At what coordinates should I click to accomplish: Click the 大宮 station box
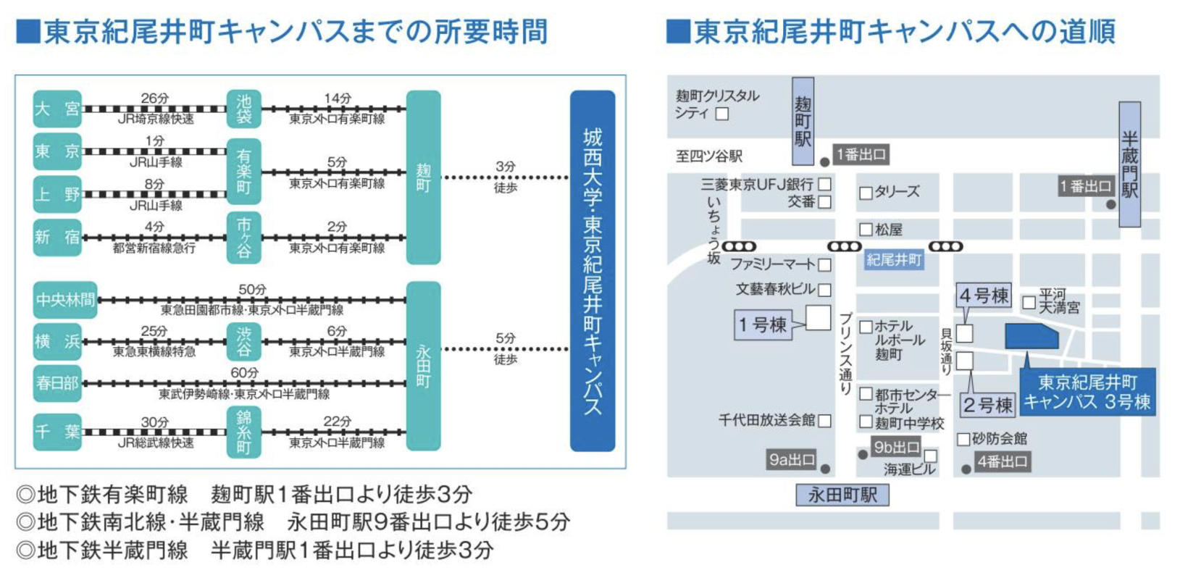(x=57, y=109)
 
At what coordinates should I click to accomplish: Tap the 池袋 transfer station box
(x=244, y=109)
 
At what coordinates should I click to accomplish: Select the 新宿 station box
(x=57, y=237)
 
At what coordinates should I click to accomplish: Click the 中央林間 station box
(x=64, y=300)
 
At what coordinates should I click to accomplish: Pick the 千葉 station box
(x=57, y=432)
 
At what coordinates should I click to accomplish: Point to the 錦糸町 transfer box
(x=244, y=432)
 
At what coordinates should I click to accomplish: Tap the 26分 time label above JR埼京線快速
(x=154, y=98)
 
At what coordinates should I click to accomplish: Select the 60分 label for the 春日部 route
(x=244, y=372)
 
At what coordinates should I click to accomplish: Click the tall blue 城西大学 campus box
(x=593, y=270)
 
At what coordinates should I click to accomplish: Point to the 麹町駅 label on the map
(x=803, y=121)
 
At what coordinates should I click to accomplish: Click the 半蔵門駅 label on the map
(x=1129, y=164)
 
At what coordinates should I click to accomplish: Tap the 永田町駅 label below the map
(x=842, y=495)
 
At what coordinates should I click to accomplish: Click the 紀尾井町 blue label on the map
(x=894, y=260)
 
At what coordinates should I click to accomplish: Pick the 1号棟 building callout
(x=762, y=324)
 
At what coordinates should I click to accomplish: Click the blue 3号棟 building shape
(x=1031, y=336)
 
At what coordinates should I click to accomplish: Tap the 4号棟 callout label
(x=984, y=296)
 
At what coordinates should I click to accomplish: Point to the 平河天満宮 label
(x=1059, y=301)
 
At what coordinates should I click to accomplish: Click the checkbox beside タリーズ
(x=865, y=193)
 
